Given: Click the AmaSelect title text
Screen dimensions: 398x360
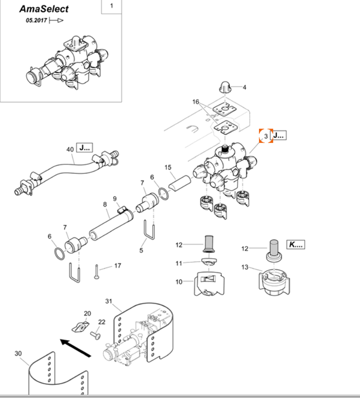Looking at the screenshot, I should [44, 9].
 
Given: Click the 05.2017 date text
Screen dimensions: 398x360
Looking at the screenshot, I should [36, 20].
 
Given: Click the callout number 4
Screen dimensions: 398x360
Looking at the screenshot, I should [244, 87].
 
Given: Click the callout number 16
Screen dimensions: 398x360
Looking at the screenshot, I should [195, 102].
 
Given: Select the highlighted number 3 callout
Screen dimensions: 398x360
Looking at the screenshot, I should [265, 136].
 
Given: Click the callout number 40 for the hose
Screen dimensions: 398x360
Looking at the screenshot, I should [70, 149].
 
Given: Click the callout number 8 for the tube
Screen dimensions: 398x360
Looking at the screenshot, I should [105, 205].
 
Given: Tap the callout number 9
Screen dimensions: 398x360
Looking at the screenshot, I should [115, 198].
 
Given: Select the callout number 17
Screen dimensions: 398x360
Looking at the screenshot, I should [117, 265].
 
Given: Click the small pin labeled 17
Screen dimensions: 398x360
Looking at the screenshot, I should [96, 272].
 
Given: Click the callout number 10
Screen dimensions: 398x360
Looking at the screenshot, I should [179, 281].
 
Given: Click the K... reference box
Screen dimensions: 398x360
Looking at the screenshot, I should [295, 244].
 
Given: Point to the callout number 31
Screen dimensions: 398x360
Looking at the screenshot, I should [109, 301].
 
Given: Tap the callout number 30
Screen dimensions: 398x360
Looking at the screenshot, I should [18, 353].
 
